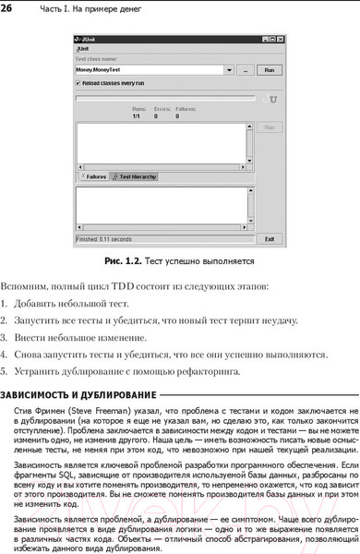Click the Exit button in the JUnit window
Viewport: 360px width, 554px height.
tap(269, 237)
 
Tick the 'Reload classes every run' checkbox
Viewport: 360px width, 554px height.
tap(78, 82)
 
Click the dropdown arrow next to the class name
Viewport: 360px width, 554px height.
tap(227, 69)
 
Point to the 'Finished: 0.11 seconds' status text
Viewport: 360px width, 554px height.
tap(103, 238)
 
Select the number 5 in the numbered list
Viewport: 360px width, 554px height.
tap(5, 371)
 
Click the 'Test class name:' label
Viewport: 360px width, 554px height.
tap(95, 58)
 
